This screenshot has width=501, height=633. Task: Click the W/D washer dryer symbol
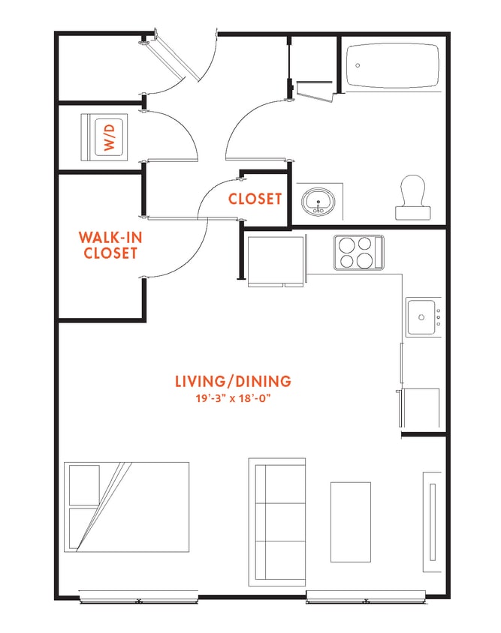pos(108,137)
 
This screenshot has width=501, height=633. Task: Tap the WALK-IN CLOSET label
pos(110,245)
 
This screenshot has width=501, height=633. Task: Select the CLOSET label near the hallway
pos(255,199)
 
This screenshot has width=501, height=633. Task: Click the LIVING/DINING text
pos(232,381)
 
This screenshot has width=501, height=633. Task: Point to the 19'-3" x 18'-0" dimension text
pos(232,397)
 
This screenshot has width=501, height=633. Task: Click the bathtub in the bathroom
pos(391,65)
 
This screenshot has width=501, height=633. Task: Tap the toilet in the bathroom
pos(412,197)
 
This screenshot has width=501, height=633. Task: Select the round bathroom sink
pos(318,201)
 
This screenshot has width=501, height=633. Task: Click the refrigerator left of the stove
pos(276,260)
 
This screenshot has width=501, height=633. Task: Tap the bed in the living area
pos(126,506)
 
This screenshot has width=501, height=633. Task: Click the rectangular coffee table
pos(351,521)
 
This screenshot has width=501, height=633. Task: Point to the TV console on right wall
pos(432,521)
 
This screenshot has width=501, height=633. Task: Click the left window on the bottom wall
pos(139,598)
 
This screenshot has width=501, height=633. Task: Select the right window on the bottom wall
pos(366,598)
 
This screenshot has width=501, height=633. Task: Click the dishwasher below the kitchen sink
pos(421,409)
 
